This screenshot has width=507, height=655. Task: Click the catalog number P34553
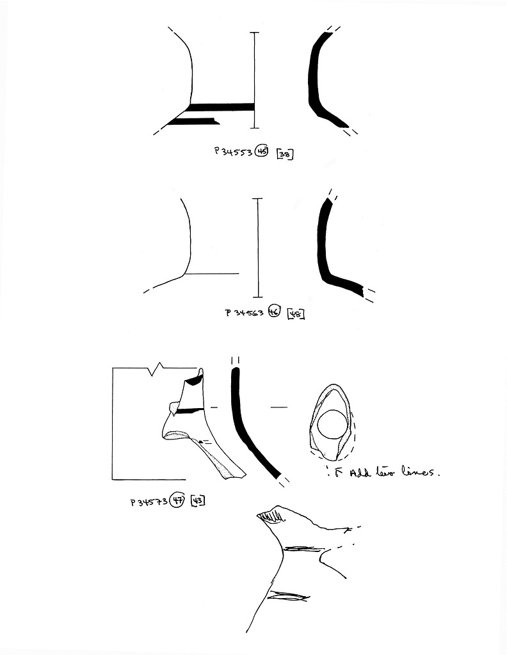coord(233,152)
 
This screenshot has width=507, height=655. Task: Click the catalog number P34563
coord(245,313)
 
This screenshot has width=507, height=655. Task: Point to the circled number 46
coord(275,312)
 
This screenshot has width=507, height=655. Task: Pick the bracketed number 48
coord(296,313)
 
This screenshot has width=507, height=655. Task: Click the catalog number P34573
coord(149,501)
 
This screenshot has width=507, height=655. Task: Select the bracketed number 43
coord(197,501)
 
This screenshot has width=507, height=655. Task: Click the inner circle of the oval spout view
coord(332,425)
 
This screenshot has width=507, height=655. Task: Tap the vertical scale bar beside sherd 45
coord(255,80)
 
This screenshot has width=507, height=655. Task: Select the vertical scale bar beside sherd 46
coord(259,248)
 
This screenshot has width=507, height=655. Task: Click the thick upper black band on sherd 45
coord(221,106)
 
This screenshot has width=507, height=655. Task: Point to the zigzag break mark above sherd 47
coord(157,367)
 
